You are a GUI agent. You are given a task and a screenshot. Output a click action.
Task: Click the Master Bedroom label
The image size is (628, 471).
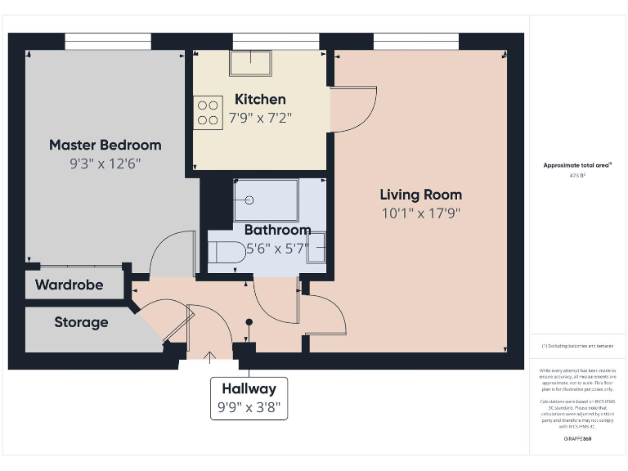[105, 145]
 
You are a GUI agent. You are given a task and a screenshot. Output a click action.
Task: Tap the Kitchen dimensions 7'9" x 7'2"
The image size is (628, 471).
[261, 118]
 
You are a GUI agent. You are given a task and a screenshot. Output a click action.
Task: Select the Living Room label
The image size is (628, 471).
[420, 195]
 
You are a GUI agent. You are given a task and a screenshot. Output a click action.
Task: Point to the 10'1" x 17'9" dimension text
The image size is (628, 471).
[420, 214]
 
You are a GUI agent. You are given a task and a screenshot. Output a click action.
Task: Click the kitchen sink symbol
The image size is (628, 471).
[251, 62]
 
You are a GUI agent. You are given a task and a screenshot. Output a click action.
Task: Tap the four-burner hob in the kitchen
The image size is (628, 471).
[208, 112]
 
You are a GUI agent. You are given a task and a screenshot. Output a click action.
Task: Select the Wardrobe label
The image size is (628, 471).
[69, 285]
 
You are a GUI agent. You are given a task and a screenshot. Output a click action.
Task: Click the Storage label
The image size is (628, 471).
[81, 322]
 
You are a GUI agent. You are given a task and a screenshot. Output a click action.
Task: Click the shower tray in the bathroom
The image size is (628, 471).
[267, 200]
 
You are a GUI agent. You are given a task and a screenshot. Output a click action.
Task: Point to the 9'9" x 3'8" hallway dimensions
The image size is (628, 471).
[249, 406]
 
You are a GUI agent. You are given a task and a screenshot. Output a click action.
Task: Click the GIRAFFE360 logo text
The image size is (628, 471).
[578, 439]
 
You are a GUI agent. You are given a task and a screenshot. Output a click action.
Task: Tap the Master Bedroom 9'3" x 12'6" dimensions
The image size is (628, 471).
[105, 164]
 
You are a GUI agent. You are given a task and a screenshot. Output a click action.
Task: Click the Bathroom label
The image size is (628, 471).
[277, 230]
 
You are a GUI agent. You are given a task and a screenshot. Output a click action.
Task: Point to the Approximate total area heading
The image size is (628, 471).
[577, 165]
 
